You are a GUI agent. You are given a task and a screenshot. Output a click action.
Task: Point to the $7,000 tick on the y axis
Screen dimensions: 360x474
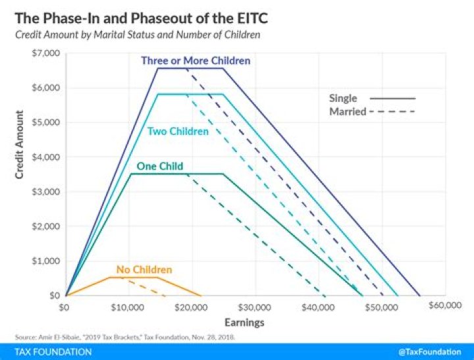tap(45, 53)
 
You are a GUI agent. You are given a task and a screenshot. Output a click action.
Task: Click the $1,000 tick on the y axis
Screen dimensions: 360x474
tap(45, 261)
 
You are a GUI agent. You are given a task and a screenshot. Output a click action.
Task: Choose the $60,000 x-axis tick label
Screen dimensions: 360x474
tap(444, 306)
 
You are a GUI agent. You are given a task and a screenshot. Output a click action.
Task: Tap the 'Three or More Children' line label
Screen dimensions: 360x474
tap(196, 61)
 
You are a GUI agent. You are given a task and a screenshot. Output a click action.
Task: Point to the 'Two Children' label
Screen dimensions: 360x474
tap(178, 132)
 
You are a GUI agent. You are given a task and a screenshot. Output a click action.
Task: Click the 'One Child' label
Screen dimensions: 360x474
tap(159, 166)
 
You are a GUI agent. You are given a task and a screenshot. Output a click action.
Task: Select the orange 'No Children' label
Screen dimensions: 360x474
tap(144, 270)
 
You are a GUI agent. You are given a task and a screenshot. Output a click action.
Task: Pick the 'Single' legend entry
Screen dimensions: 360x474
tap(343, 99)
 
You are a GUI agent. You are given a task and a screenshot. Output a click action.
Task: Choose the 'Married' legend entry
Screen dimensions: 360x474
tap(348, 112)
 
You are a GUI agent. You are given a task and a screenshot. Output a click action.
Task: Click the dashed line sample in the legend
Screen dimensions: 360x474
tap(394, 112)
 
